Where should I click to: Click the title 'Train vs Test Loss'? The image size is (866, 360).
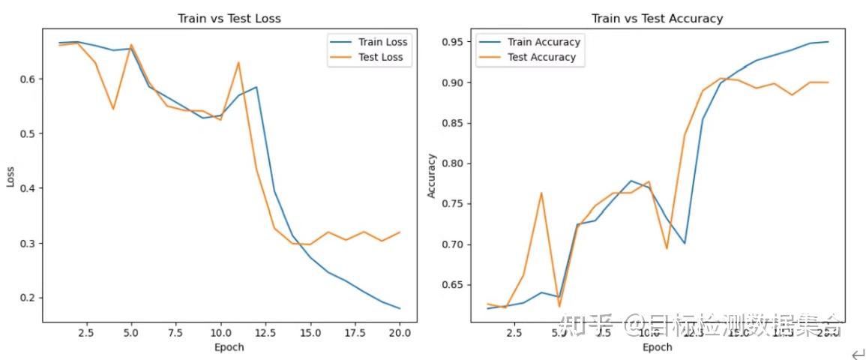click(x=229, y=18)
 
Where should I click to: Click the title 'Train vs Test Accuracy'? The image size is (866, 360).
click(x=657, y=18)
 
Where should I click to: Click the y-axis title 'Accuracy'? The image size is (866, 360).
click(x=431, y=176)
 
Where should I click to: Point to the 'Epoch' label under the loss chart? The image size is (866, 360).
click(x=229, y=346)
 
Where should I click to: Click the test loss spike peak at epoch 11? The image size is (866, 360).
click(x=238, y=62)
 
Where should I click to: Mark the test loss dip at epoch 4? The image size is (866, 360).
click(x=113, y=109)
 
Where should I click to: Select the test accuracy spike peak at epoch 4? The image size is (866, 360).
click(x=541, y=193)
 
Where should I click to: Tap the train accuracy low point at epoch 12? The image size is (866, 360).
click(x=685, y=243)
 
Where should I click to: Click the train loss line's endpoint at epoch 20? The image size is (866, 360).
click(x=400, y=308)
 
